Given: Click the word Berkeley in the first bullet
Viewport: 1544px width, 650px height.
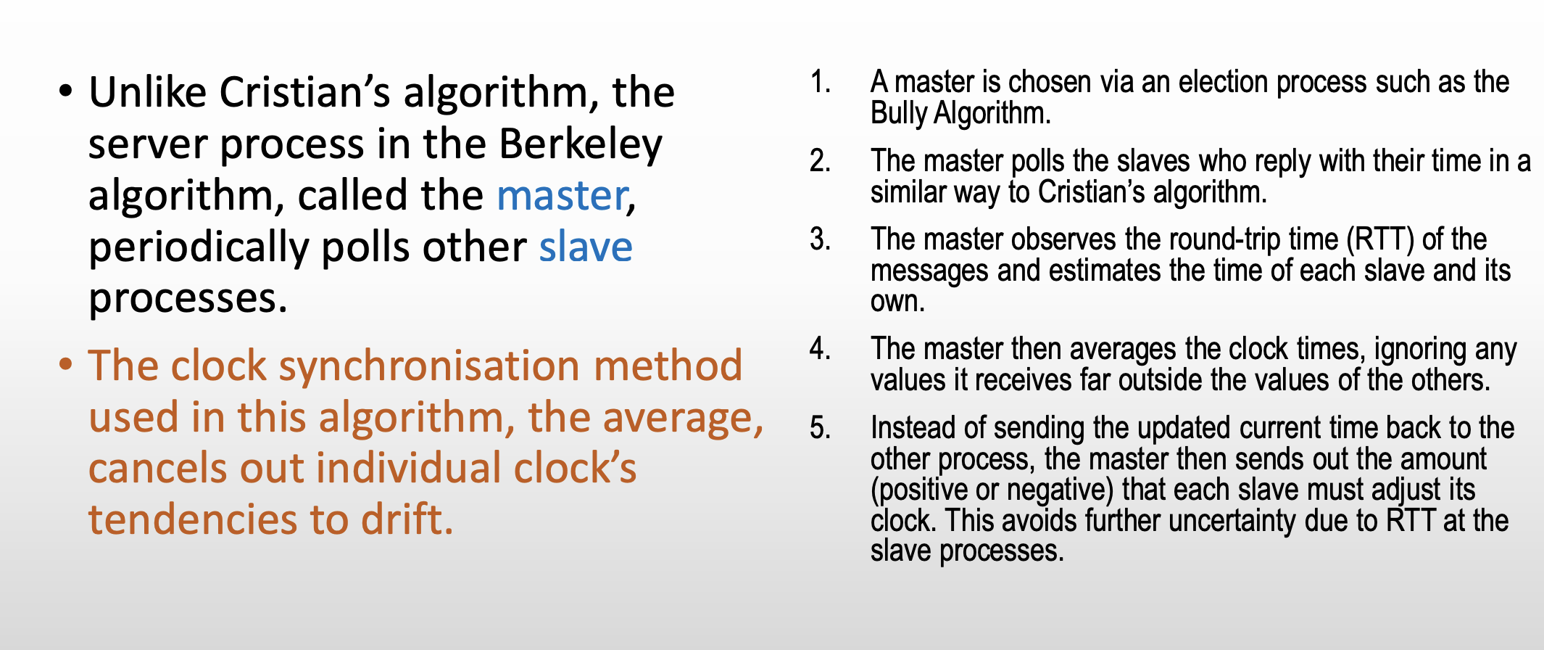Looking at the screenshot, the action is point(581,144).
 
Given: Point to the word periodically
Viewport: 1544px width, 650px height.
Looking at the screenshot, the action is point(199,249).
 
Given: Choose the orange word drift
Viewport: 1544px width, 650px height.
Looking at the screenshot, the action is point(407,519).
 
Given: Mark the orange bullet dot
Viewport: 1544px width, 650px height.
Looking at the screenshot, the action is point(67,363).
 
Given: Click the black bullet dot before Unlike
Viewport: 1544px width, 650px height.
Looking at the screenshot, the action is point(67,91).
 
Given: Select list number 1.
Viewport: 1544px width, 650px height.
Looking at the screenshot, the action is point(821,83).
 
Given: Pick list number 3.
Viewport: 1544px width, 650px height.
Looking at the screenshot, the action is point(821,239).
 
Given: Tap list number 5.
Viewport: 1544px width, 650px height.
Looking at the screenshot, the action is point(821,428).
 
